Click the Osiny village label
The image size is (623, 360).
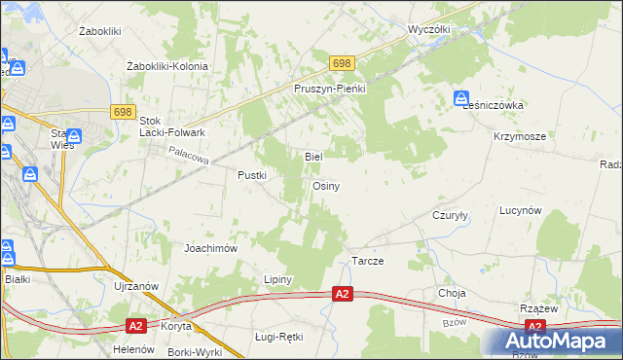tap(325, 186)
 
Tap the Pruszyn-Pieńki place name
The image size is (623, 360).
tap(329, 88)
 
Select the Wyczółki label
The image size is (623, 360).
tap(429, 29)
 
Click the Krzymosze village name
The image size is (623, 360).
tap(518, 137)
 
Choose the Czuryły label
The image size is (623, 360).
tap(451, 217)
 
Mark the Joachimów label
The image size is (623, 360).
tap(211, 248)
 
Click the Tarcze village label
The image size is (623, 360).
tap(367, 262)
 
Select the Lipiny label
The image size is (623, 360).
tap(278, 279)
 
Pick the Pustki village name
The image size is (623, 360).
tap(252, 175)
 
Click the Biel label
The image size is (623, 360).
tap(313, 156)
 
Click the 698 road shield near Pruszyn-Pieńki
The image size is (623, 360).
tap(341, 63)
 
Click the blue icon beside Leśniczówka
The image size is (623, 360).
tap(460, 97)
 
